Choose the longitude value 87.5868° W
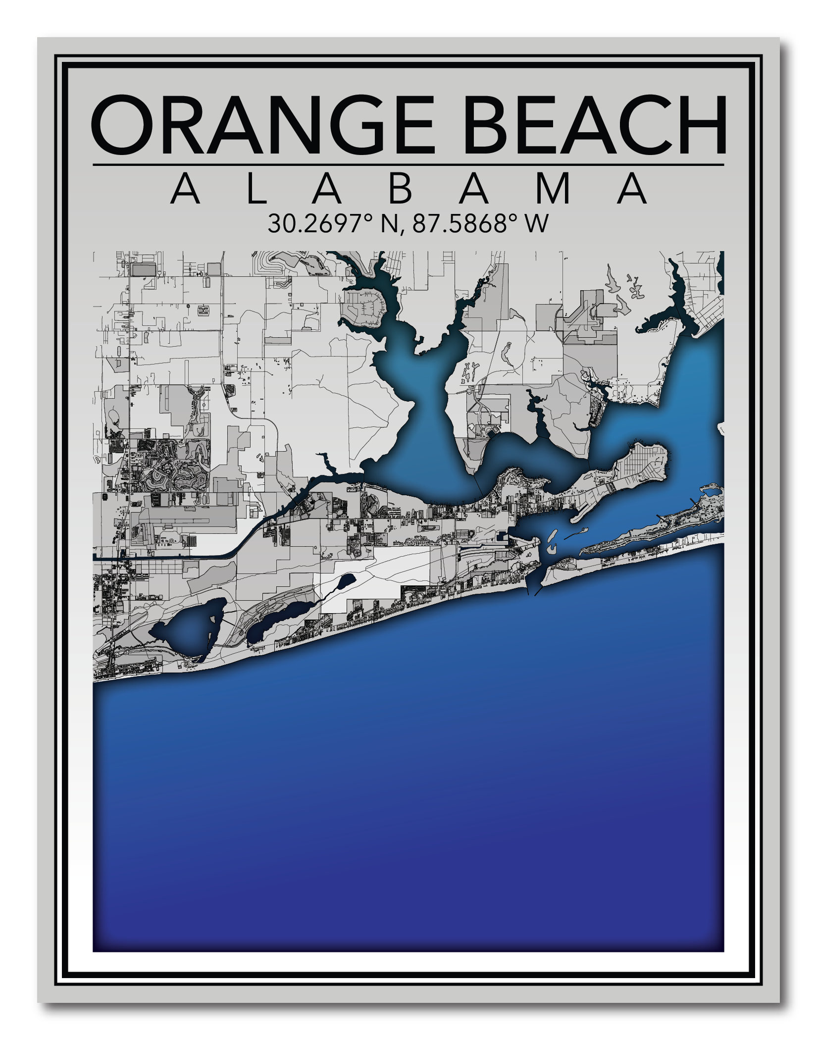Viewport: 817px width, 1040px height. point(480,224)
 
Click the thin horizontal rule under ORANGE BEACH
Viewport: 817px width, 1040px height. point(408,165)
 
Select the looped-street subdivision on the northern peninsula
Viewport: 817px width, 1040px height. point(366,310)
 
